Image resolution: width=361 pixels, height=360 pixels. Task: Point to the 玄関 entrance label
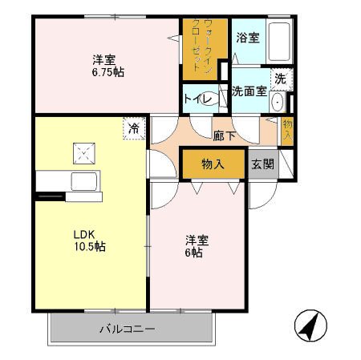point(262,164)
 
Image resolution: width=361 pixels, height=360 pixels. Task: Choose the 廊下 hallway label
point(224,136)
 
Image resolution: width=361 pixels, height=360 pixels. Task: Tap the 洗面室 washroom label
point(249,91)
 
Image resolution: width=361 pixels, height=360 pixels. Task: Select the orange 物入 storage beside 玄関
point(213,164)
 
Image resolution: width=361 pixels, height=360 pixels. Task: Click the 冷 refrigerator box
point(133,127)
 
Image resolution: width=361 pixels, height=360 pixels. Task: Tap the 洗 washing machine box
point(280,79)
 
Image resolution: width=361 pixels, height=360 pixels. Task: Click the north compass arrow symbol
point(310,325)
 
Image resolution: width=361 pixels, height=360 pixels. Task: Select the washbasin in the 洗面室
point(278,102)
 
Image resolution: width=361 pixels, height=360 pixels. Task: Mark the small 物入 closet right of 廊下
point(286,129)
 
